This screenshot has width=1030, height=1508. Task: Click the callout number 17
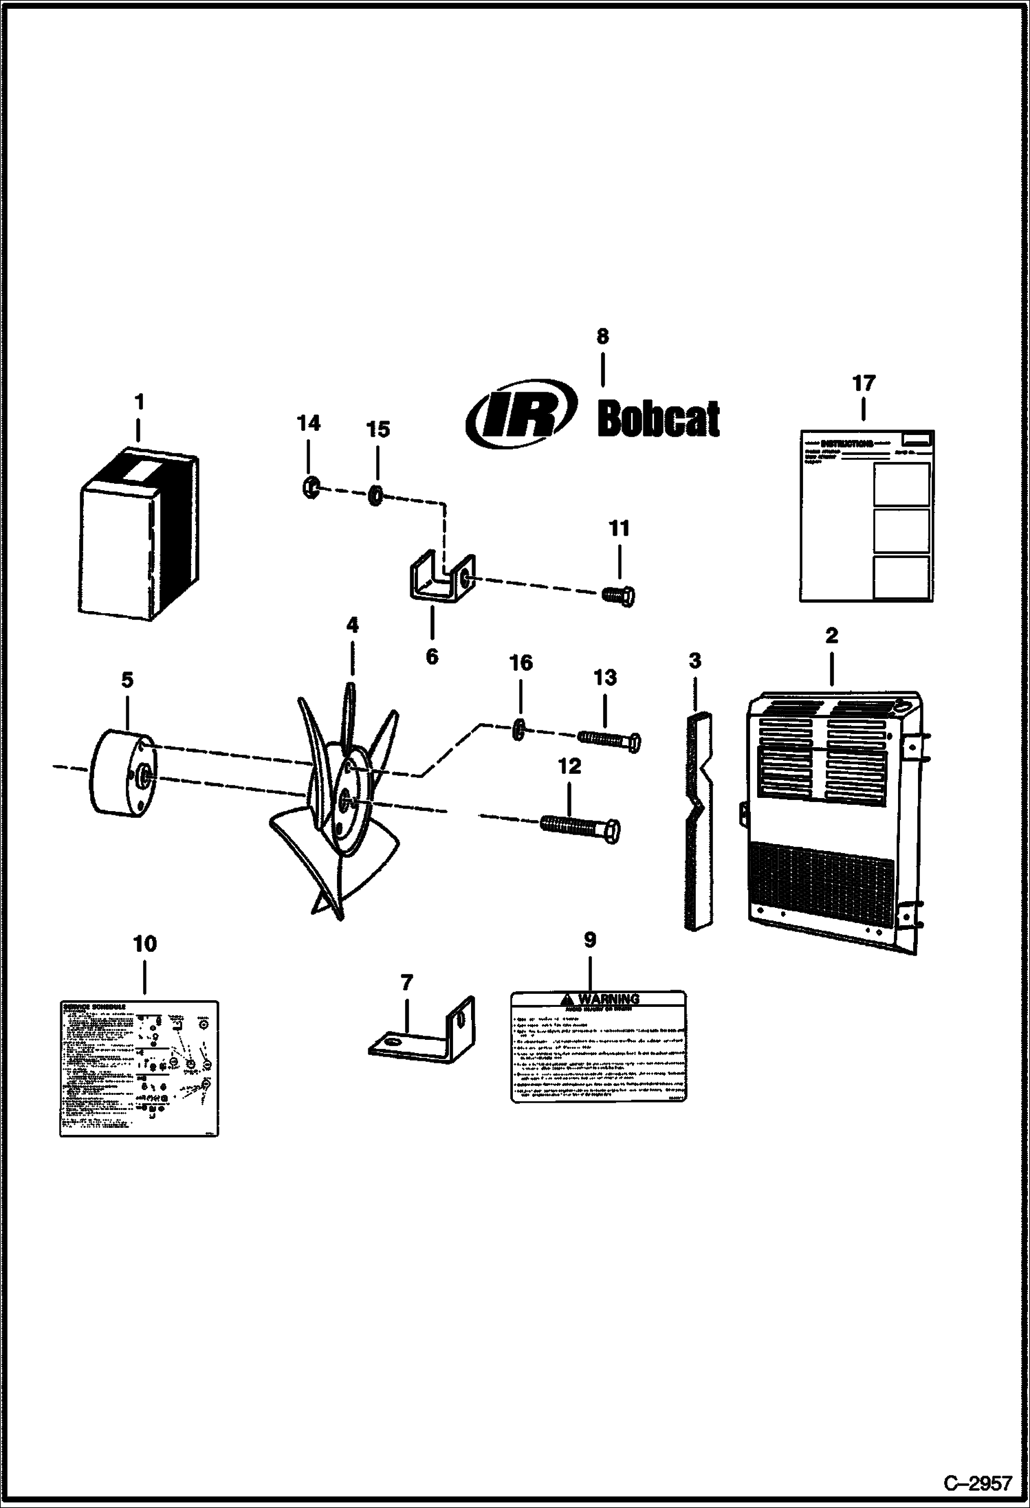coord(864,384)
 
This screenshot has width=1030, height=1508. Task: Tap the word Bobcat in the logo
coord(659,418)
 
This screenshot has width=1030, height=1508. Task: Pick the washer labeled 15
coord(375,495)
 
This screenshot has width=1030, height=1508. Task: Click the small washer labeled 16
coord(520,729)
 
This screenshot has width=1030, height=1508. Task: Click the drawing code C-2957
coord(977,1482)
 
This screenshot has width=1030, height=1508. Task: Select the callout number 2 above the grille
coord(831,636)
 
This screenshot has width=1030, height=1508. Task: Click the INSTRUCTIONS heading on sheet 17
coord(847,444)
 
